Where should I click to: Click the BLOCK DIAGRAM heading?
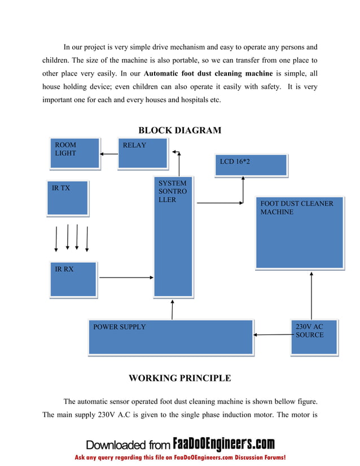(180, 130)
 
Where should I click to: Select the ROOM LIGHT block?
(74, 153)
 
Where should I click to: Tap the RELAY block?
(142, 153)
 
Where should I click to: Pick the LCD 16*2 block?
(251, 165)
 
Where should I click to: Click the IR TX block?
(67, 197)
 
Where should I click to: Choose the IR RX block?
(73, 279)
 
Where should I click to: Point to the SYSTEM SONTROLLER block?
(173, 237)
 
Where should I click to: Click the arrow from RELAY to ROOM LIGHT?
(108, 153)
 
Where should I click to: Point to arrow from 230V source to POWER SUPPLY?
(274, 335)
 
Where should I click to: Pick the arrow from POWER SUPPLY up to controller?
(172, 309)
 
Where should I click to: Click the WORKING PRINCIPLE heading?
(180, 378)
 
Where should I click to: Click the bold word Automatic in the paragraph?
(163, 74)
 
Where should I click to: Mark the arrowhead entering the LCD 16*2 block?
(243, 179)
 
